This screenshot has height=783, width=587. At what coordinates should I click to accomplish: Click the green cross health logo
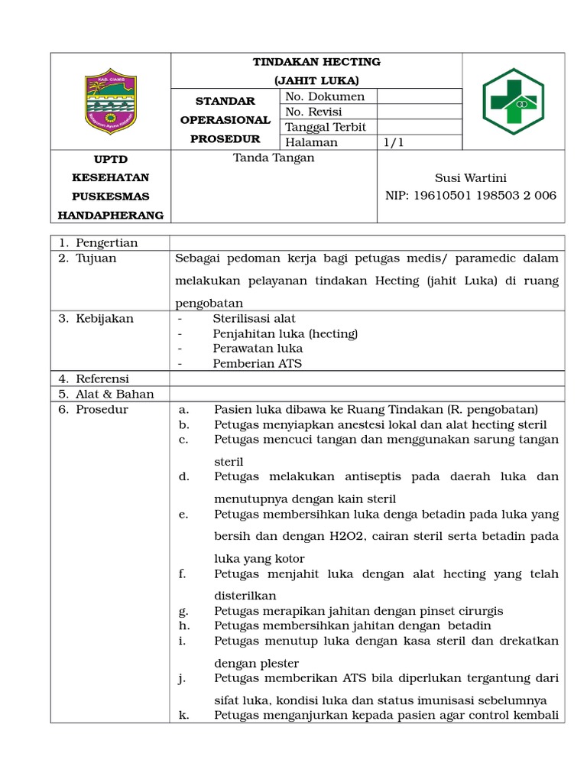click(x=514, y=101)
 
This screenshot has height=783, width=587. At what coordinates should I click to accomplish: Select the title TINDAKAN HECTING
click(x=316, y=62)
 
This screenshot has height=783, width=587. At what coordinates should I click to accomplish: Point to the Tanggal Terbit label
click(x=326, y=127)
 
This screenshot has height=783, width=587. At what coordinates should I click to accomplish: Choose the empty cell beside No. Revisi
click(x=420, y=112)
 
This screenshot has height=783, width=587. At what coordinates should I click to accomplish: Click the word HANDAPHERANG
click(x=111, y=216)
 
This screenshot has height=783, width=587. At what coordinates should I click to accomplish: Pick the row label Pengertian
click(x=106, y=243)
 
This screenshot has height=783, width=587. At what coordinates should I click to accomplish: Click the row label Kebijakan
click(x=104, y=318)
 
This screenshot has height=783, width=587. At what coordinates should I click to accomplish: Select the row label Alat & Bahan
click(x=115, y=394)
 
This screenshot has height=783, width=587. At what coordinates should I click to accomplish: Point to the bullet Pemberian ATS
click(x=257, y=363)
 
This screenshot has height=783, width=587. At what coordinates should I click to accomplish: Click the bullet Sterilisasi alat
click(x=254, y=318)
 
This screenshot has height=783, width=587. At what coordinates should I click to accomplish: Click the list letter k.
click(x=183, y=716)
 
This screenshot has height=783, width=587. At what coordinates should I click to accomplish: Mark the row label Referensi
click(x=102, y=379)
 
